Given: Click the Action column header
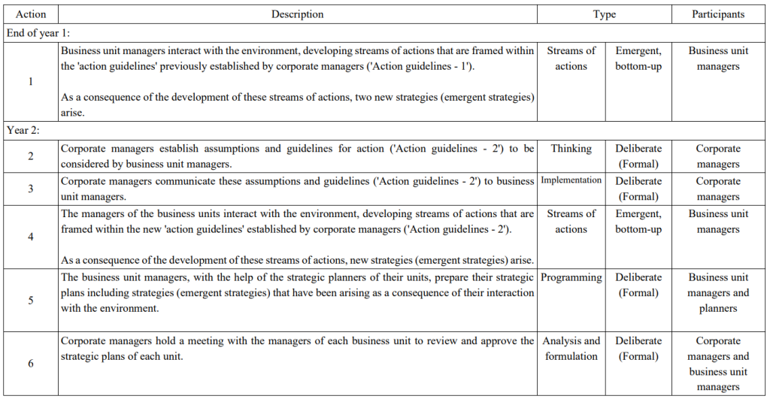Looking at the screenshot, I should point(30,14).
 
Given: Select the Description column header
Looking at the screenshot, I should point(297,14).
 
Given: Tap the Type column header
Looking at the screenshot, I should point(604,14).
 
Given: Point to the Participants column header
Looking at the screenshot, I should point(718,14).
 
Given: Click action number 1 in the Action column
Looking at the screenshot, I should point(30,81).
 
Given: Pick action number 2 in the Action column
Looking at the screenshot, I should point(30,156).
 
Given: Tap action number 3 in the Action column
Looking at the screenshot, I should point(30,189).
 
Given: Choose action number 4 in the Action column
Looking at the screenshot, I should point(30,237).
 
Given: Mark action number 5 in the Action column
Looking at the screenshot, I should point(30,301).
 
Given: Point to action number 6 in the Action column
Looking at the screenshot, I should point(30,364).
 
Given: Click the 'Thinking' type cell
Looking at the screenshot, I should point(571,149).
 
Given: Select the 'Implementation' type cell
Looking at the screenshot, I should point(571,180).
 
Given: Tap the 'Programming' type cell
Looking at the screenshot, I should point(571,277).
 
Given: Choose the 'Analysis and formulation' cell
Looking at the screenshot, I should point(571,349).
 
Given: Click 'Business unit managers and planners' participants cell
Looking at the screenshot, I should point(718,293).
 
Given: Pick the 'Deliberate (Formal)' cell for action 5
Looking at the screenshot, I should point(638,285).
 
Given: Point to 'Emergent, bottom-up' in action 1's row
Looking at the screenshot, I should point(638,59).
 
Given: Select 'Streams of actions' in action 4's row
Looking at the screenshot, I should point(571,222).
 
